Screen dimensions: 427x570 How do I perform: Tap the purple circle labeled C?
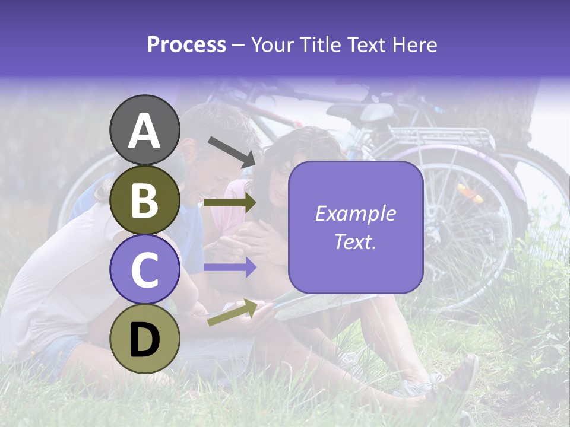144,269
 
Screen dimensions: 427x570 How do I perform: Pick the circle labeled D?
144,339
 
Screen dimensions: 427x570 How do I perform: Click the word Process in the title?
186,45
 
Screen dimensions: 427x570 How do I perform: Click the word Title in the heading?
319,45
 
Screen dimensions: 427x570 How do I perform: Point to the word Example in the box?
356,213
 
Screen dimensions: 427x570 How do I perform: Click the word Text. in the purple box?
356,241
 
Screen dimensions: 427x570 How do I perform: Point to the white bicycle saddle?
377,111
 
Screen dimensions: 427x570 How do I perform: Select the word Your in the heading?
273,45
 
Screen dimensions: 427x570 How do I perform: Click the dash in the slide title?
239,46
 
